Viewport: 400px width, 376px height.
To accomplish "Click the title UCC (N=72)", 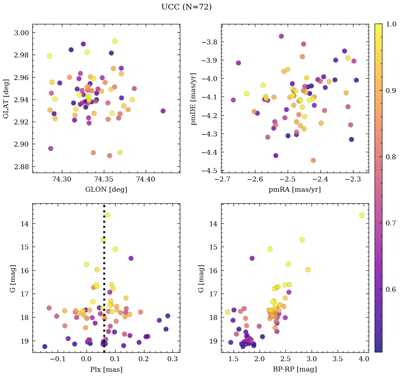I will [x=186, y=7].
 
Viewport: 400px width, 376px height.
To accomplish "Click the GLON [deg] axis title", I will [x=106, y=190].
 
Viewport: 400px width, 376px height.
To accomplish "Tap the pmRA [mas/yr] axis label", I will [x=295, y=190].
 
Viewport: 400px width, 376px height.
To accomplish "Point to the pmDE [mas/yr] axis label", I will [x=193, y=99].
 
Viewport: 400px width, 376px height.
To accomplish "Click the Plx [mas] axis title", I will [x=106, y=369].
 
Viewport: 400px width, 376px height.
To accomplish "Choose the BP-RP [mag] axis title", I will [x=295, y=369].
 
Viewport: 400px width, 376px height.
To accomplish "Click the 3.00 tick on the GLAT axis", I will [x=22, y=33].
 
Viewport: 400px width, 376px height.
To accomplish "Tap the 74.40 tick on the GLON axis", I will [x=145, y=180].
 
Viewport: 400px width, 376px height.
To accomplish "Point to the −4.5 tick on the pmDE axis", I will [x=210, y=171].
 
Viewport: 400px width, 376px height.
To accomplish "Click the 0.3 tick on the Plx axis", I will [x=173, y=359].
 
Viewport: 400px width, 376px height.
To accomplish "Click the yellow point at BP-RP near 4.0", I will [x=362, y=215].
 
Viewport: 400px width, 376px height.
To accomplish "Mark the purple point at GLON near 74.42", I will [x=163, y=111].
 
